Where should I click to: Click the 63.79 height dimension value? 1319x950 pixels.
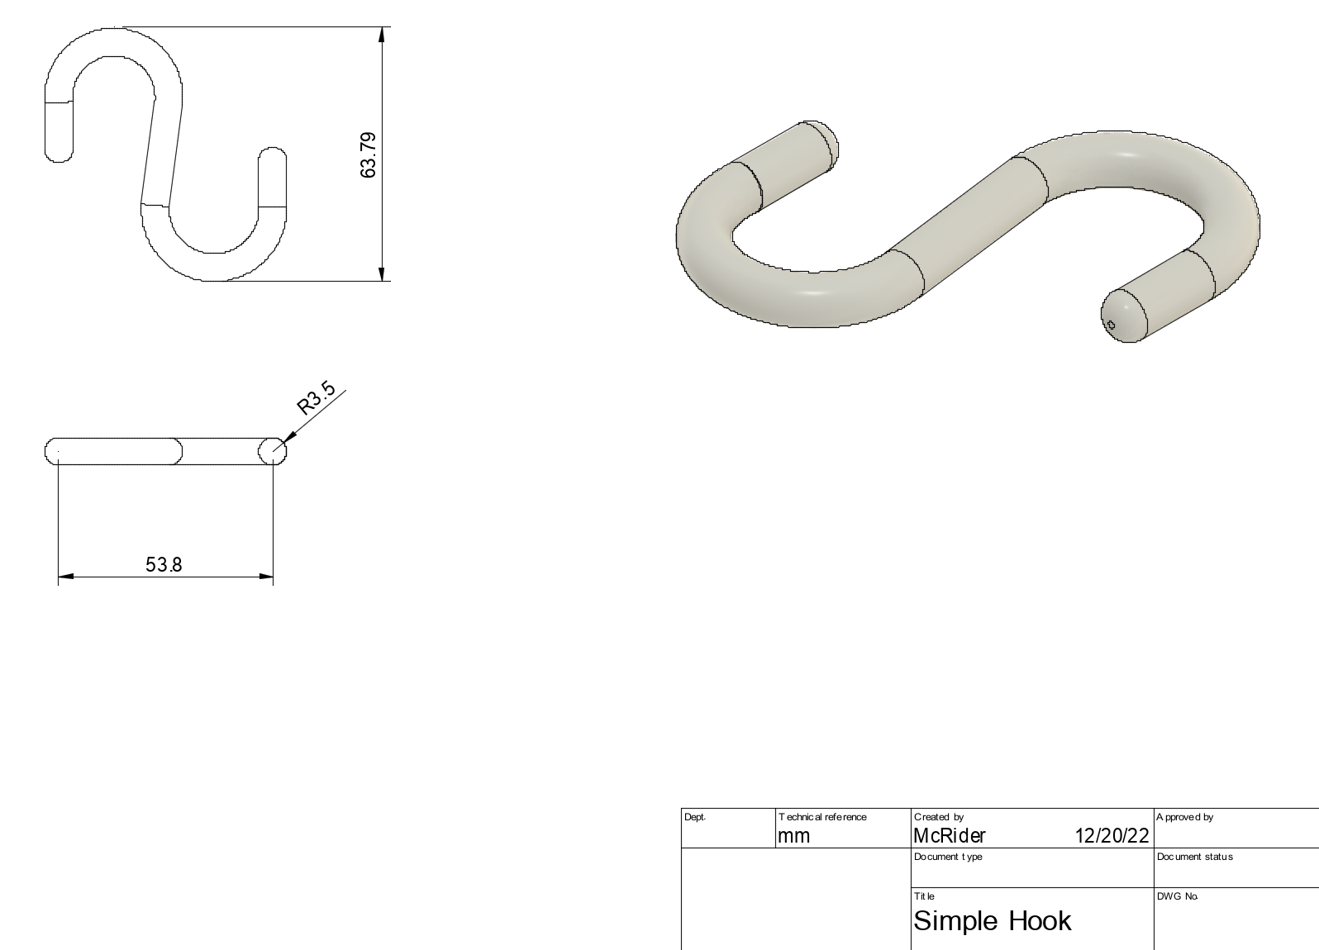[369, 154]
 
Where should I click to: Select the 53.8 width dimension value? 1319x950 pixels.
[164, 565]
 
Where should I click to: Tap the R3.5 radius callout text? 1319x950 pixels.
[317, 397]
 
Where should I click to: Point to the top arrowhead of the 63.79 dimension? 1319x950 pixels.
[381, 35]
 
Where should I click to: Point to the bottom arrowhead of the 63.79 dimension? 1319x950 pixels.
[381, 273]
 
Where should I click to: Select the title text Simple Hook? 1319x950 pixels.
[992, 920]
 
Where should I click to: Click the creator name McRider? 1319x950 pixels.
[950, 835]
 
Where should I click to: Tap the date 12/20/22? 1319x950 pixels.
[1111, 835]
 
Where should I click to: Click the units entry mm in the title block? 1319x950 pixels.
[793, 835]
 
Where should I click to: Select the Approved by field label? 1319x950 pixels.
[1184, 817]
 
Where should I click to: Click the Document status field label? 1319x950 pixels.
[1194, 857]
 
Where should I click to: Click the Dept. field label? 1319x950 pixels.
[695, 817]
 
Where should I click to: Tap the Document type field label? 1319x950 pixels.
[948, 857]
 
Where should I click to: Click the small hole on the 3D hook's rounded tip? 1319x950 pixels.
[1111, 325]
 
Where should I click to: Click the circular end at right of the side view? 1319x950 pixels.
[272, 451]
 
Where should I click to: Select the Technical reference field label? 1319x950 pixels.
[822, 817]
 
